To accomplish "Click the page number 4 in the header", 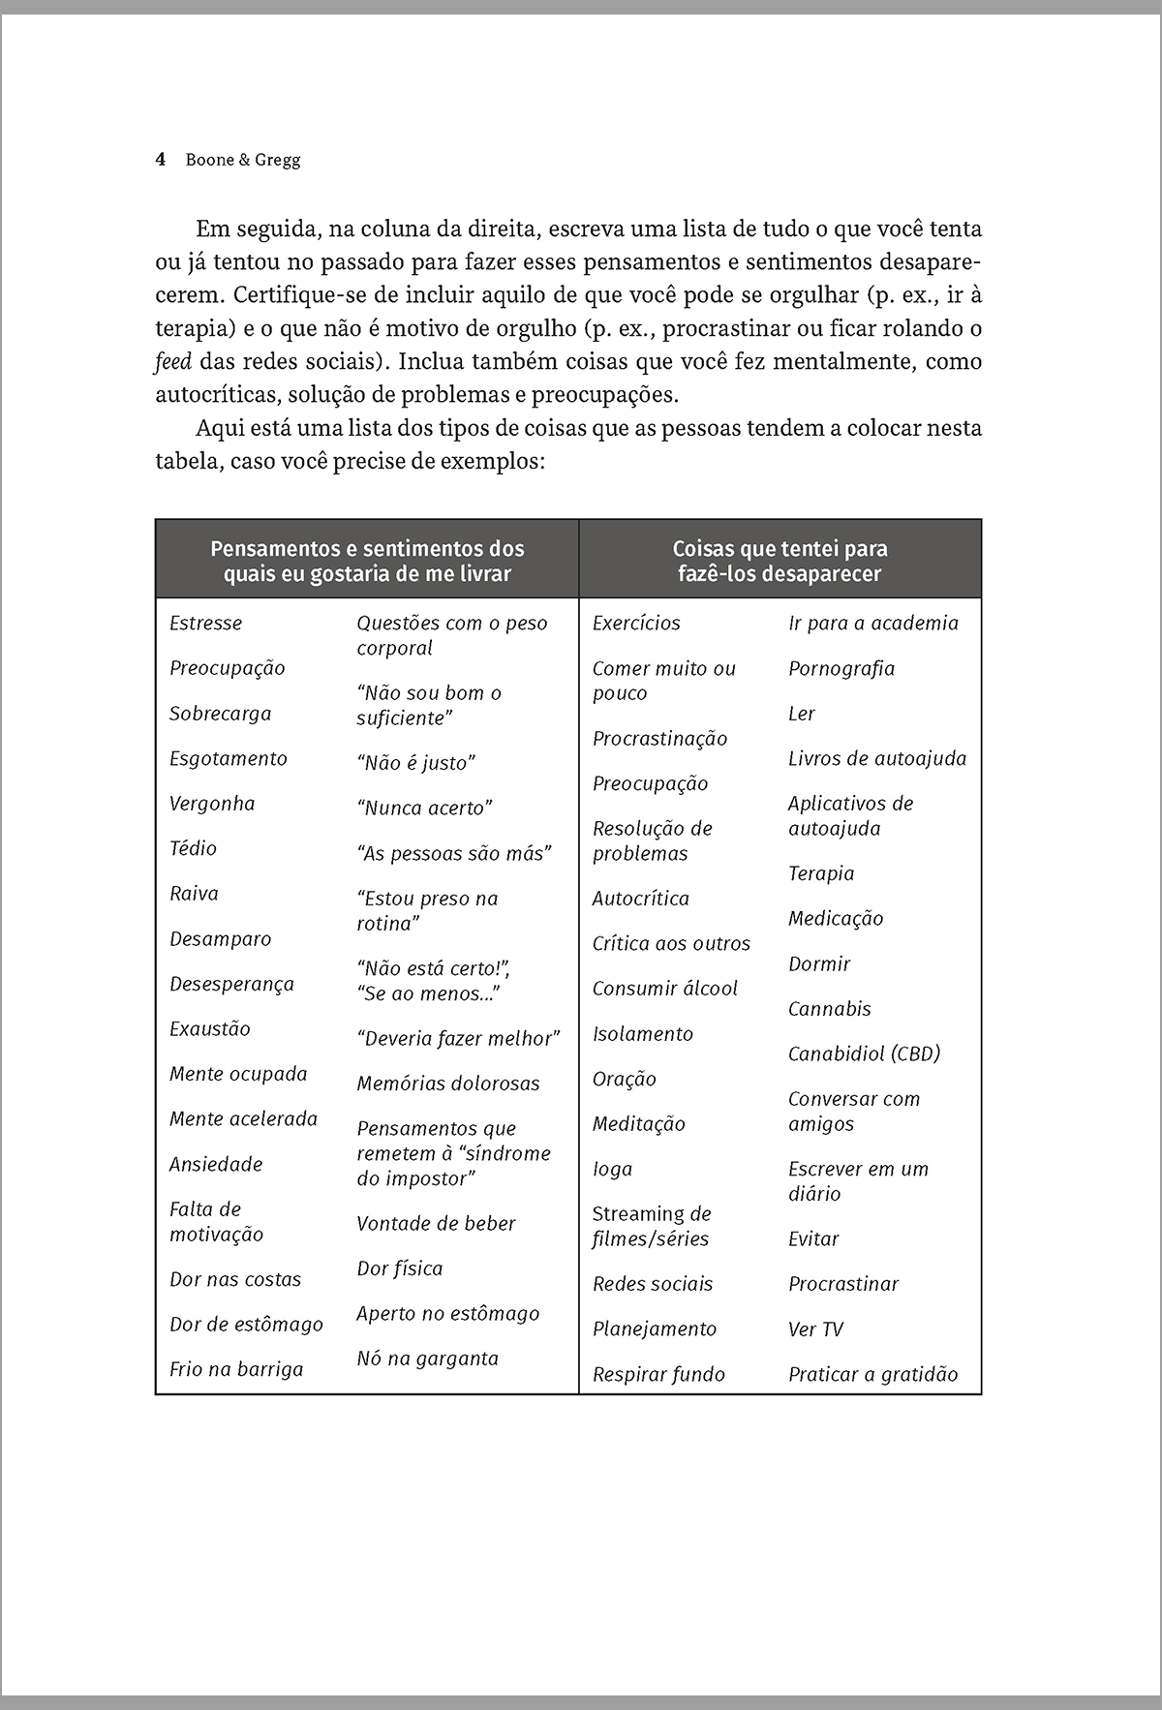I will [x=161, y=160].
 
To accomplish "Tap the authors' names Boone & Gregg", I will [x=243, y=160].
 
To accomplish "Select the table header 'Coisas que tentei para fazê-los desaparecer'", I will [x=780, y=561].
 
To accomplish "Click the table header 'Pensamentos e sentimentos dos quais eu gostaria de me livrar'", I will [x=367, y=561].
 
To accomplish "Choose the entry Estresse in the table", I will [x=205, y=624].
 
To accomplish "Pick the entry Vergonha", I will [x=212, y=804].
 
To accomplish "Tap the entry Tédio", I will [x=193, y=849].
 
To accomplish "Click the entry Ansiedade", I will [x=216, y=1164].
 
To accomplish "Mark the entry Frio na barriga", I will [x=236, y=1369].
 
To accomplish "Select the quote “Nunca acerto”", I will [x=425, y=809].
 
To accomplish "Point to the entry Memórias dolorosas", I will [x=447, y=1084].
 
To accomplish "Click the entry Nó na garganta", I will [x=427, y=1359].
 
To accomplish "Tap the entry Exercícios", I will [x=636, y=624].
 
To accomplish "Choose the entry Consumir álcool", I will [x=665, y=989].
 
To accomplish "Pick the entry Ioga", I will [x=612, y=1170].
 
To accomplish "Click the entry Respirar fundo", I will [x=658, y=1374].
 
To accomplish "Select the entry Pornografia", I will [x=841, y=669].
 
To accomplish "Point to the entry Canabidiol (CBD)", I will [x=864, y=1053].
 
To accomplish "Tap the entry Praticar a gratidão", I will [x=872, y=1374].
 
